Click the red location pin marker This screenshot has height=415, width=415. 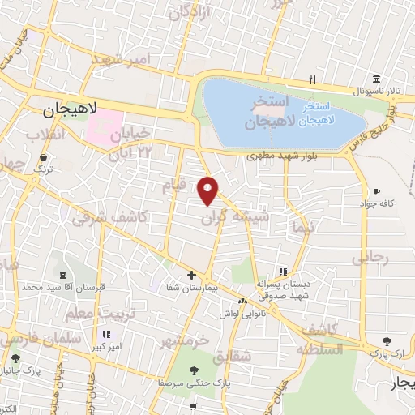point(209,190)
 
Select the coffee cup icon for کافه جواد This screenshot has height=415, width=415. point(375,192)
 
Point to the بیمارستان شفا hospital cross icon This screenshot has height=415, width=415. point(191,276)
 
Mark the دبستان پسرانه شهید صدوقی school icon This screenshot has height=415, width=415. point(283,272)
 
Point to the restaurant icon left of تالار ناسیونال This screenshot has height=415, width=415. point(312,79)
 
